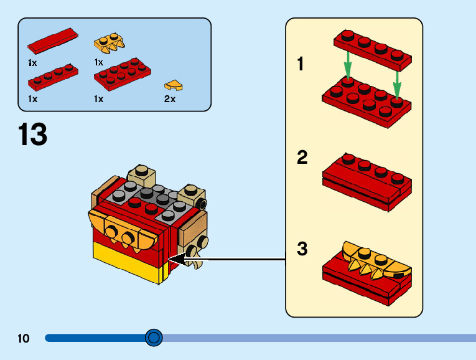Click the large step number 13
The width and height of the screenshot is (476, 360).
coord(33,135)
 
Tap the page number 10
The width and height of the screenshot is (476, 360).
coord(24,339)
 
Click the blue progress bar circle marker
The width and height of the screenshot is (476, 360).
coord(154,338)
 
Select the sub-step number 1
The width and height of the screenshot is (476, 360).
coord(301,64)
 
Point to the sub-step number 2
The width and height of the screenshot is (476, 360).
coord(302,158)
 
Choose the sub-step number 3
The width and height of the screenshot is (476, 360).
coord(302,249)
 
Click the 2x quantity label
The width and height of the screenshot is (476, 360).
coord(170,99)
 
